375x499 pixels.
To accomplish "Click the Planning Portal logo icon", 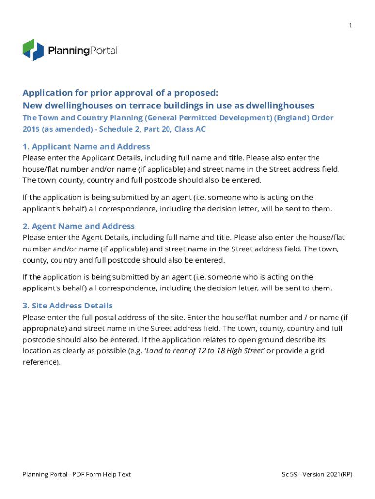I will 34,50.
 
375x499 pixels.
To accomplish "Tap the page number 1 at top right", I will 350,25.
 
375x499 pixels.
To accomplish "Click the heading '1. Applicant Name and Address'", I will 86,147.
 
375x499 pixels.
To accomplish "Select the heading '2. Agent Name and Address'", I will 78,226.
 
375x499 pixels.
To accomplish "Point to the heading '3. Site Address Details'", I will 68,306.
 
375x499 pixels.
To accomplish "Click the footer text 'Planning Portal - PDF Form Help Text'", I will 76,474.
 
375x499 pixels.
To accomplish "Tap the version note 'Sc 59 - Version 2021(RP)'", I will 317,474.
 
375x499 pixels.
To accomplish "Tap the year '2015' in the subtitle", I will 31,129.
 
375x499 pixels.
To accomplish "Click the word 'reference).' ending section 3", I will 42,362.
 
